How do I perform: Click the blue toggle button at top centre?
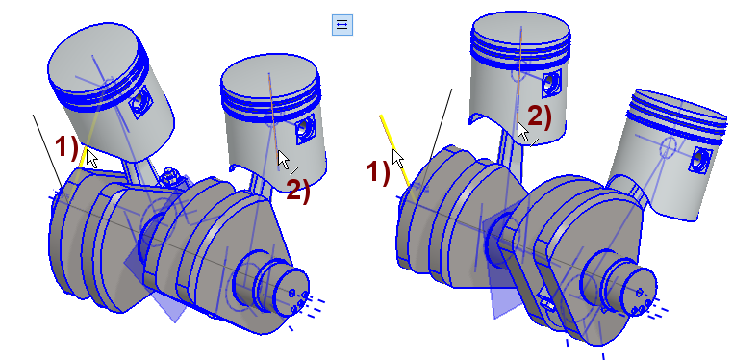[x=342, y=25]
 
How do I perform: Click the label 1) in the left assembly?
[x=66, y=147]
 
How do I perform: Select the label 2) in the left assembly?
[x=298, y=191]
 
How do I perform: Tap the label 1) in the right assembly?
[x=378, y=172]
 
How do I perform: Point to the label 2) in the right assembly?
[x=540, y=116]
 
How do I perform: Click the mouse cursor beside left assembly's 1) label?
[x=91, y=159]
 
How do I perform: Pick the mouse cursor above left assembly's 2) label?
[x=283, y=160]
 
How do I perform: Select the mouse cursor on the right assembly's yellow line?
[x=398, y=159]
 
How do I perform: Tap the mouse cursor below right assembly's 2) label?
[x=523, y=132]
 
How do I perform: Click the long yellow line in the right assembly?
[x=395, y=150]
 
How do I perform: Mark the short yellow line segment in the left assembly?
[x=83, y=158]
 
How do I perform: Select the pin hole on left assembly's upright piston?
[x=303, y=127]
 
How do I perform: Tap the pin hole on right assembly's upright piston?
[x=550, y=83]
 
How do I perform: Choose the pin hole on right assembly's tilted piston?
[x=698, y=161]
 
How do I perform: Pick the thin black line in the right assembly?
[x=441, y=123]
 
